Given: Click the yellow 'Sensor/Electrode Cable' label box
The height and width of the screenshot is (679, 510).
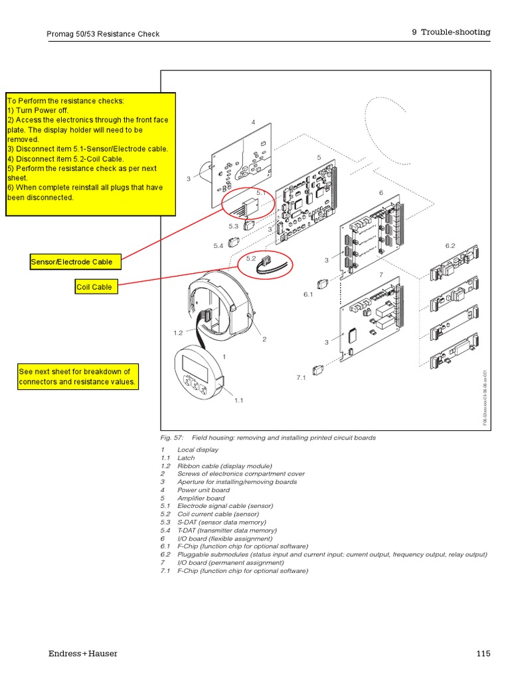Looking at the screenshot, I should [x=76, y=262].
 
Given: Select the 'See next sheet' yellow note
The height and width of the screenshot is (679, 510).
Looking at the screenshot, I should [x=78, y=377].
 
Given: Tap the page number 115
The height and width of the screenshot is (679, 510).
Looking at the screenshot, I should [x=483, y=654].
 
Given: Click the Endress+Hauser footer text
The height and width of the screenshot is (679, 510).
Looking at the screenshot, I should [x=83, y=654].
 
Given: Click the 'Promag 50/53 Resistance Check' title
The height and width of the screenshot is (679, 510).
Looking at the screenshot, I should [x=103, y=34].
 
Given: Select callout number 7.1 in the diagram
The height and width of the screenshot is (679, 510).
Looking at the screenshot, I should [x=301, y=377].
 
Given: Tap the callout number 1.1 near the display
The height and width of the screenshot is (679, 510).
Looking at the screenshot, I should [x=238, y=401].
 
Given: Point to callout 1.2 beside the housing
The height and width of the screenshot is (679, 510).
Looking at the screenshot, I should [x=178, y=333].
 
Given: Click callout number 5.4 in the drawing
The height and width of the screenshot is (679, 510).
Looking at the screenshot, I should [x=218, y=246].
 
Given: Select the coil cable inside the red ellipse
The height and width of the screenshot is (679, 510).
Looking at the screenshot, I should [x=266, y=266].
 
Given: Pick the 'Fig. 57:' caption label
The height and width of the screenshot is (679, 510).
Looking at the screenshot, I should [x=172, y=438].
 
